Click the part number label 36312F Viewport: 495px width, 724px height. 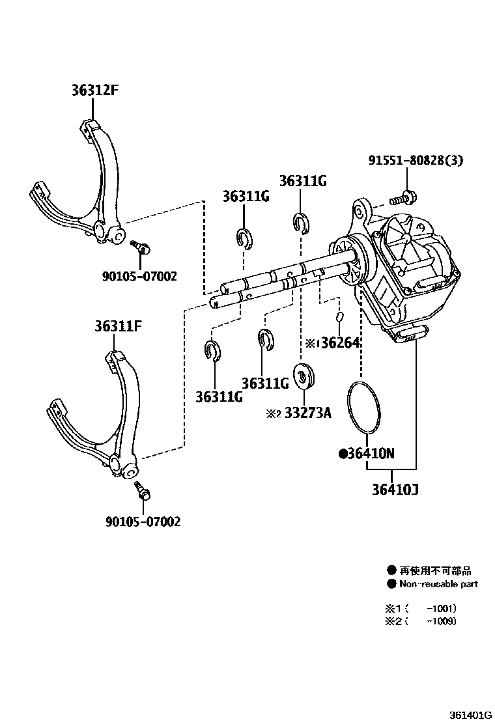coord(94,91)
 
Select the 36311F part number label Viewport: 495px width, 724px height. coord(118,326)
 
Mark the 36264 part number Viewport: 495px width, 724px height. coord(339,342)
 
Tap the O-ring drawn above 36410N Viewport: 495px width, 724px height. coord(363,408)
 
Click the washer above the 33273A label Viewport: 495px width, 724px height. coord(304,376)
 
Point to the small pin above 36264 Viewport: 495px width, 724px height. coord(340,316)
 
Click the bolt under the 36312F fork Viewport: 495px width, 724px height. coord(141,247)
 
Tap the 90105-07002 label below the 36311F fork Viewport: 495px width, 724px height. coord(143,522)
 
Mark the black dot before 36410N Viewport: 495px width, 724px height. coord(343,454)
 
